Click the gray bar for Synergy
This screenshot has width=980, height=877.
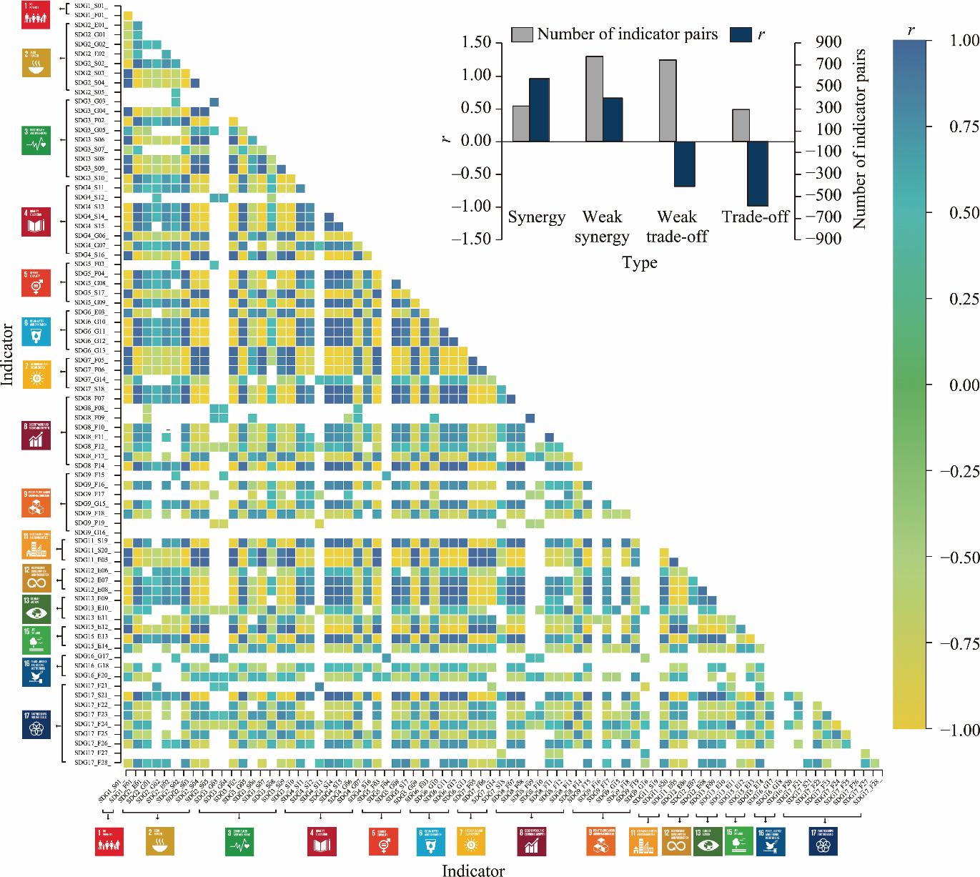521,124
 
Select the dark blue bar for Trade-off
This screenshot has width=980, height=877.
758,174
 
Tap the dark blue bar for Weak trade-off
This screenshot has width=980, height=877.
685,164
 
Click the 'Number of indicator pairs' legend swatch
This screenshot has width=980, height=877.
522,34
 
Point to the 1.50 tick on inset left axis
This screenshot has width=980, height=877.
476,43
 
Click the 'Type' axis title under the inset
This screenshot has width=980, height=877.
639,263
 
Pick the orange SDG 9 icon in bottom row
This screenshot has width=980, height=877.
601,842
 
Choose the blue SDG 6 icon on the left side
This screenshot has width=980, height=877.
36,332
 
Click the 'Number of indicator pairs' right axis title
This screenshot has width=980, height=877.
859,139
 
